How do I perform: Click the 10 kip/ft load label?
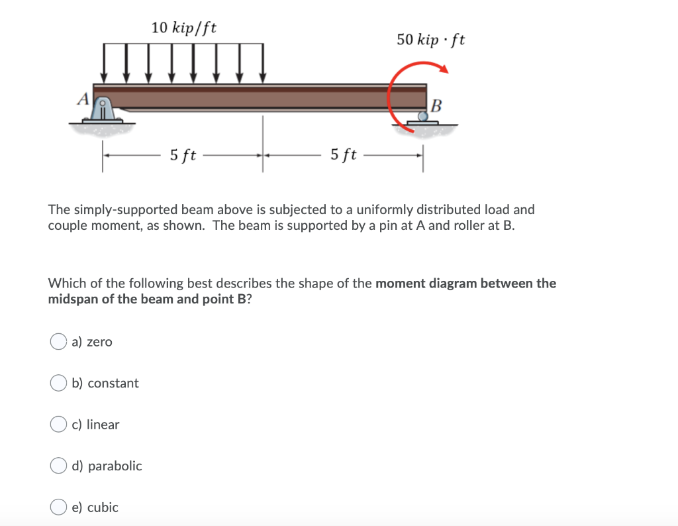click(183, 28)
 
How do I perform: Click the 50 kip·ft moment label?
click(430, 39)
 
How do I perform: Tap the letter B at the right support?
click(436, 105)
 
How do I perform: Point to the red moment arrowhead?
click(444, 69)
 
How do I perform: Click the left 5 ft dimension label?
click(183, 156)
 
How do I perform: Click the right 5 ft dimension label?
click(344, 156)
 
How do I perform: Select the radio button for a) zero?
click(58, 342)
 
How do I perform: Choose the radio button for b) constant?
click(58, 383)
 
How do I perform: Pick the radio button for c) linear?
click(58, 425)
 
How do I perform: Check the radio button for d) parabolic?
click(58, 466)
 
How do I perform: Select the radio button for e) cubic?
click(58, 507)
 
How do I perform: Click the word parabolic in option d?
click(115, 466)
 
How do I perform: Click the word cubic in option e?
click(103, 507)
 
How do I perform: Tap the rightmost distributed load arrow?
click(263, 63)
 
